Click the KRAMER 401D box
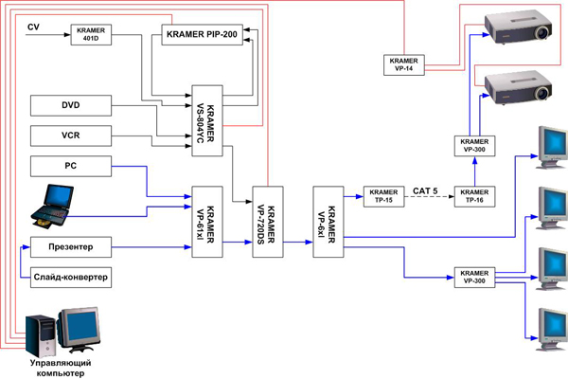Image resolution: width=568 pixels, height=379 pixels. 91,35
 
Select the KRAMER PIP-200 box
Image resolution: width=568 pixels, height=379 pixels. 203,35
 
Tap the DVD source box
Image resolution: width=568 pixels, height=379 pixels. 71,105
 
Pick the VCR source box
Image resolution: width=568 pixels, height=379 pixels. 71,136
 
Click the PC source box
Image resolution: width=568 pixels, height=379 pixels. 71,167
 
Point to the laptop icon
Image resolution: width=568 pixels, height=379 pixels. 52,206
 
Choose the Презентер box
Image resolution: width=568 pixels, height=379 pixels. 71,247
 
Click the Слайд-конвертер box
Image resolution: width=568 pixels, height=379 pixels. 71,278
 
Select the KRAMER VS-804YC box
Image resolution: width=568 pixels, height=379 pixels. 207,120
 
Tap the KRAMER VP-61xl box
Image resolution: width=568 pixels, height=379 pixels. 207,222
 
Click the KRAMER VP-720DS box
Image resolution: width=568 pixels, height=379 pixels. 268,222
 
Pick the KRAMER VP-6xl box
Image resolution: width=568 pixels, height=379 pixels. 328,222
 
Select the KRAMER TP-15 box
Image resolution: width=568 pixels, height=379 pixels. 384,196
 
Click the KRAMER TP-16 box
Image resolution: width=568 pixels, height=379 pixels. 474,196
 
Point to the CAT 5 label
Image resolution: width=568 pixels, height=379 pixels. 425,190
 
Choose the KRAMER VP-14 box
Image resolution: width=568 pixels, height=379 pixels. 404,65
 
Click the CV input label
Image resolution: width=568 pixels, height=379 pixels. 33,27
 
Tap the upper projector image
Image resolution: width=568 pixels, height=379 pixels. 518,27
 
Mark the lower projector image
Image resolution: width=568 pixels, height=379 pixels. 518,88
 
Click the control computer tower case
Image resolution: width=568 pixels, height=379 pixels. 41,336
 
